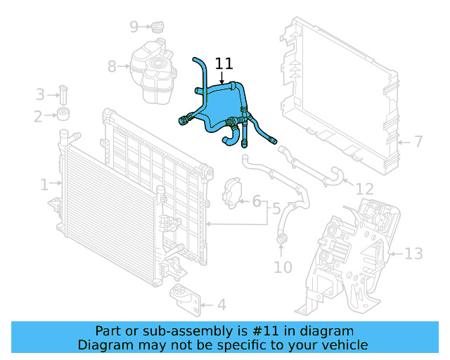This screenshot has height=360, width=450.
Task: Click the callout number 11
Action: pyautogui.click(x=224, y=63)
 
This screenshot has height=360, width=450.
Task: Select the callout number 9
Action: pyautogui.click(x=134, y=27)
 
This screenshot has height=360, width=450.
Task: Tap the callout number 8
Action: pyautogui.click(x=112, y=67)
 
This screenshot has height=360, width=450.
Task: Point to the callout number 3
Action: pyautogui.click(x=40, y=94)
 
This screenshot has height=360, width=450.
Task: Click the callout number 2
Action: pyautogui.click(x=37, y=115)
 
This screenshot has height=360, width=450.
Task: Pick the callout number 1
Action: pyautogui.click(x=44, y=185)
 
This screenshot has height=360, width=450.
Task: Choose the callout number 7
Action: pyautogui.click(x=418, y=142)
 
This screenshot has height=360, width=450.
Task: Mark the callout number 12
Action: pyautogui.click(x=364, y=189)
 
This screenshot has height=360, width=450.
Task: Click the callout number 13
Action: pyautogui.click(x=414, y=253)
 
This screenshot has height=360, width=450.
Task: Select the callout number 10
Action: pyautogui.click(x=283, y=267)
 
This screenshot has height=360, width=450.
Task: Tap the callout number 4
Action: pyautogui.click(x=221, y=305)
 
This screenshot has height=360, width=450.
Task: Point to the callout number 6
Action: pyautogui.click(x=257, y=202)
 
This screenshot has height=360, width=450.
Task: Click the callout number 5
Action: pyautogui.click(x=276, y=209)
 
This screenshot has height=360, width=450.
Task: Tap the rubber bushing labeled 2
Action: pyautogui.click(x=65, y=115)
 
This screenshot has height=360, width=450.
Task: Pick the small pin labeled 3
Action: pyautogui.click(x=63, y=94)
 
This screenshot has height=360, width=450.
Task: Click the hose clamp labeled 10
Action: pyautogui.click(x=283, y=243)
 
